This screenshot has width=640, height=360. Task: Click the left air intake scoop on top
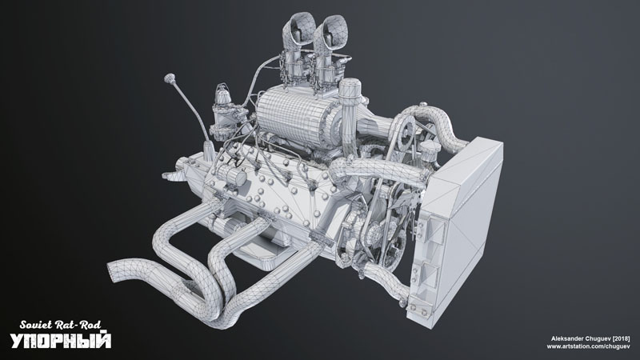coord(299,30)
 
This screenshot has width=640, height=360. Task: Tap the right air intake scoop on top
coord(330,34)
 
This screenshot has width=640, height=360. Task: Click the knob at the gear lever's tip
coord(170,77)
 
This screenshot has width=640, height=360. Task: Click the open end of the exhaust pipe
coord(114,270)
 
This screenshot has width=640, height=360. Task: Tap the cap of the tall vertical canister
coord(350,88)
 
